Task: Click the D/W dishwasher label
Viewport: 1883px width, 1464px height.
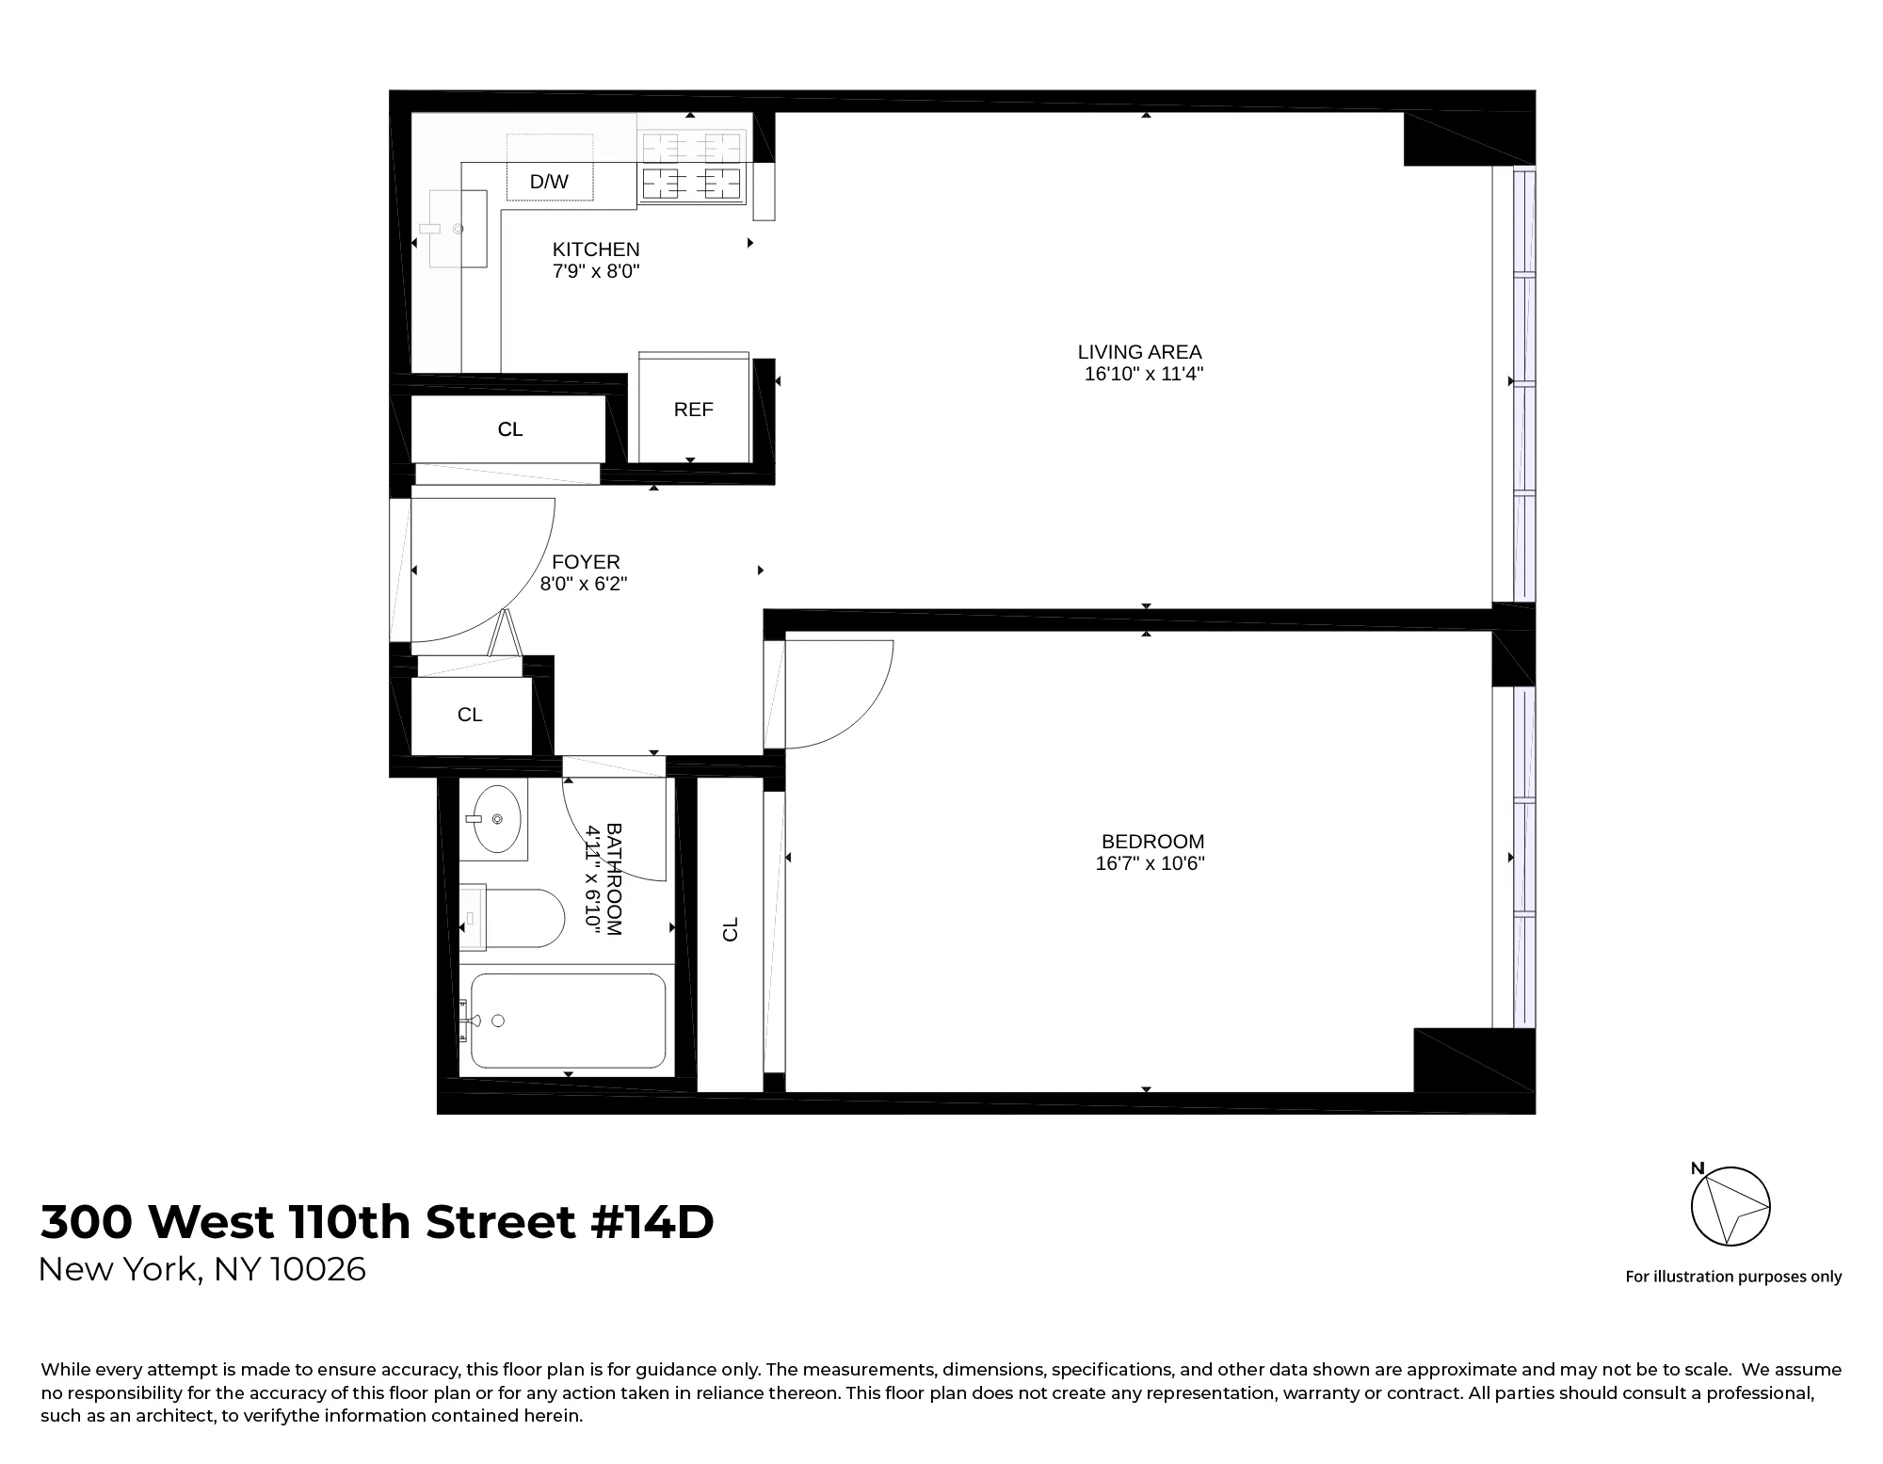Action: [549, 182]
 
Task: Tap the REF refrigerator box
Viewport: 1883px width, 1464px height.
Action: [694, 410]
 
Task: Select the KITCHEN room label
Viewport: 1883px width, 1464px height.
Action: [596, 249]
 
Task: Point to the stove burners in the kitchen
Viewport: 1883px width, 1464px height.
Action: [692, 167]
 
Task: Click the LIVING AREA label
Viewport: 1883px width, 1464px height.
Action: [1139, 352]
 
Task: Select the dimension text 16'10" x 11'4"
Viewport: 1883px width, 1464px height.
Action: [1144, 374]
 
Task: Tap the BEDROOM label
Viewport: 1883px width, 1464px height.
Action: [1152, 842]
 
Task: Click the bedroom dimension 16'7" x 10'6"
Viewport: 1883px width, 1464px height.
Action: [1150, 863]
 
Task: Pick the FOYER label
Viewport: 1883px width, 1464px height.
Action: [586, 562]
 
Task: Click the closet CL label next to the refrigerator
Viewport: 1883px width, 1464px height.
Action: [510, 429]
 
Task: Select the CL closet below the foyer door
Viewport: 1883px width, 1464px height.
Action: [470, 715]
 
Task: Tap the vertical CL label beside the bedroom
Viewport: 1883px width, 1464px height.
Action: [731, 929]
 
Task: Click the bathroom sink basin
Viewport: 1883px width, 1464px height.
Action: [496, 819]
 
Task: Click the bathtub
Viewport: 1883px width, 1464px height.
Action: [568, 1021]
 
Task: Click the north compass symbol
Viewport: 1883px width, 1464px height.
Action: [1730, 1206]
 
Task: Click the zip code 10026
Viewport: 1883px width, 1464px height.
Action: [317, 1270]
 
